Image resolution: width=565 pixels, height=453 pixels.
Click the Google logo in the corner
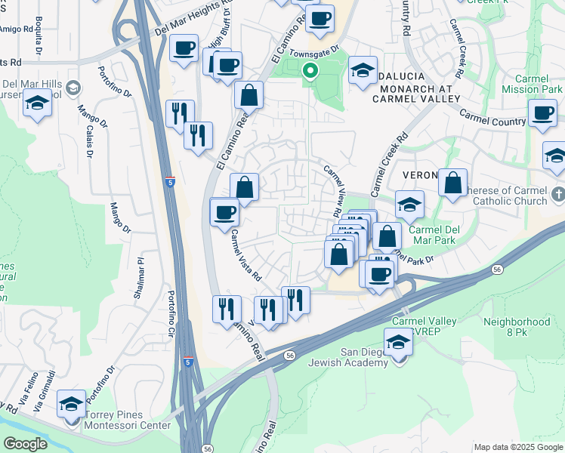pyautogui.click(x=25, y=444)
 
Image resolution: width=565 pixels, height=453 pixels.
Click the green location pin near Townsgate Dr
pyautogui.click(x=310, y=72)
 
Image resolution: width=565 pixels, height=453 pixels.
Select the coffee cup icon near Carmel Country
pyautogui.click(x=542, y=115)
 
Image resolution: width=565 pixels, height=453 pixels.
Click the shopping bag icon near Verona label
pyautogui.click(x=452, y=183)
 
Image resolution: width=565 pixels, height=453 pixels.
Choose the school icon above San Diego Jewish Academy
pyautogui.click(x=398, y=344)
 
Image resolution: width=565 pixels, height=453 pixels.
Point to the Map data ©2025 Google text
pyautogui.click(x=518, y=447)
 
